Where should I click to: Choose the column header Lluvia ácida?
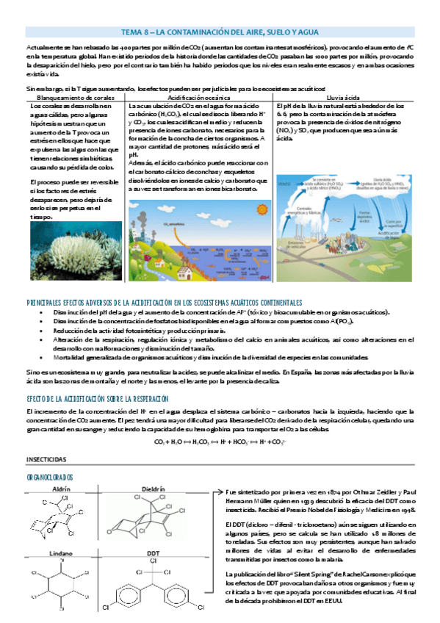tap(339, 97)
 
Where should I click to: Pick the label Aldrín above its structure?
tap(62, 489)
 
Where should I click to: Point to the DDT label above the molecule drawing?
tap(153, 553)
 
